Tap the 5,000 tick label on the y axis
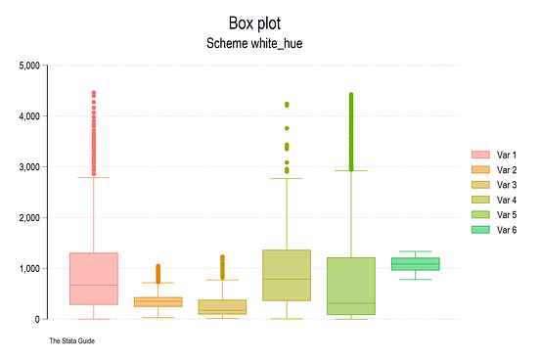(x=28, y=66)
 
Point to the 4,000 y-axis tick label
(x=28, y=116)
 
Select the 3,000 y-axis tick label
(x=28, y=167)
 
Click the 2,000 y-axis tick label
(x=28, y=218)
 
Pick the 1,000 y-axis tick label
(x=28, y=269)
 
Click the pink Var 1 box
(x=94, y=279)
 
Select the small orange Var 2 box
(x=158, y=302)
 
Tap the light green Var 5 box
(x=351, y=287)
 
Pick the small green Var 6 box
(x=416, y=264)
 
